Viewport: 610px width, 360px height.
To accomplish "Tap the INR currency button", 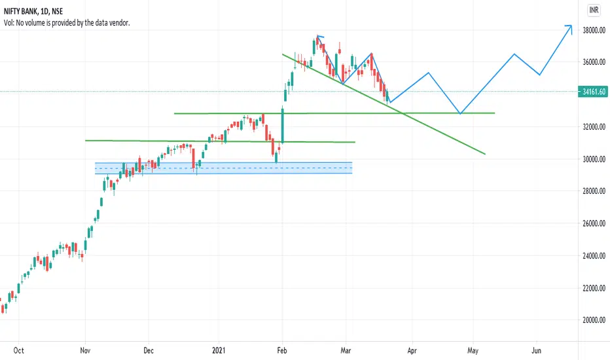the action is point(594,10).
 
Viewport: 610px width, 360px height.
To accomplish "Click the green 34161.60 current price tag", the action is point(594,92).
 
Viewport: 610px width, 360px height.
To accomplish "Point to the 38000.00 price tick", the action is point(594,30).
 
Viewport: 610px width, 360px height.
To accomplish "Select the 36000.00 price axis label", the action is point(594,62).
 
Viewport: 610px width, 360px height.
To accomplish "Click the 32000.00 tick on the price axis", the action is point(594,126).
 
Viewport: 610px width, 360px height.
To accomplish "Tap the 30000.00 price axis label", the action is point(594,159).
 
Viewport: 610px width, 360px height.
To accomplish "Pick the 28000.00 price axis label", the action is point(594,190).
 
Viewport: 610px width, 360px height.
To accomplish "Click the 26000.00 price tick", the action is point(594,223).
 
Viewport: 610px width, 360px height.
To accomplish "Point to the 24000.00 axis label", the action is point(594,256).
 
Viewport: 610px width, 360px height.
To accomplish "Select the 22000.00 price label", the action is point(594,288).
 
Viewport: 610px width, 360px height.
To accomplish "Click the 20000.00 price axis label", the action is point(594,320).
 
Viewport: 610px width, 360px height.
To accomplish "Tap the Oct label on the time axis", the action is point(19,350).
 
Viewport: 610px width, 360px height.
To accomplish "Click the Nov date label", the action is point(85,350).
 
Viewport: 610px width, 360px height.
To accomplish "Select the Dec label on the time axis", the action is point(149,350).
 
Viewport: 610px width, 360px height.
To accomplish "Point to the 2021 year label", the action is point(219,350).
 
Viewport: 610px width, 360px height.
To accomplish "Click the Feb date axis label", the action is point(282,350).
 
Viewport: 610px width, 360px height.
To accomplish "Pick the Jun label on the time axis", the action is point(536,350).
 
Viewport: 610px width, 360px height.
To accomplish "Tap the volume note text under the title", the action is point(67,23).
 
